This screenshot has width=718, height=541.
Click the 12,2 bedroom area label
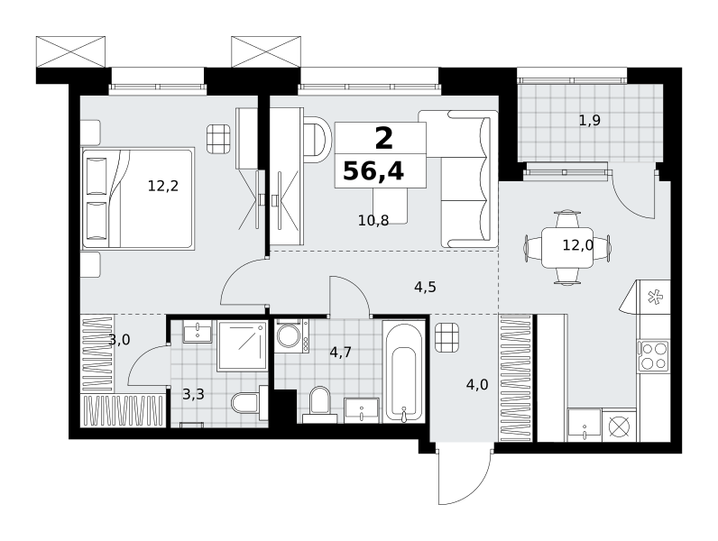163,186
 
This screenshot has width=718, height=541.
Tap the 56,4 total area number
373,171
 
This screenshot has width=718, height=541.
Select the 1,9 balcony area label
590,121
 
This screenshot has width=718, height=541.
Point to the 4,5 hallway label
425,287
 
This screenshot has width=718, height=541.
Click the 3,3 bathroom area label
193,394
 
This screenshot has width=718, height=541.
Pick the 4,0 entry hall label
477,384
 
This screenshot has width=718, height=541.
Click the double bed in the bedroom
138,198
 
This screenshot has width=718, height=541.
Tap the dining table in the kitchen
567,248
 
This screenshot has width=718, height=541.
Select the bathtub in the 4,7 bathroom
404,371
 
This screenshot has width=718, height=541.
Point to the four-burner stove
654,356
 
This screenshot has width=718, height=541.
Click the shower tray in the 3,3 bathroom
243,345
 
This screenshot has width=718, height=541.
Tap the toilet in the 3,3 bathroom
249,403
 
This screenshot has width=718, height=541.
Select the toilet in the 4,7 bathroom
319,405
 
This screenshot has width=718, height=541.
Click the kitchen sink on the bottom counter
585,426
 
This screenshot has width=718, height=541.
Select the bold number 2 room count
383,139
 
